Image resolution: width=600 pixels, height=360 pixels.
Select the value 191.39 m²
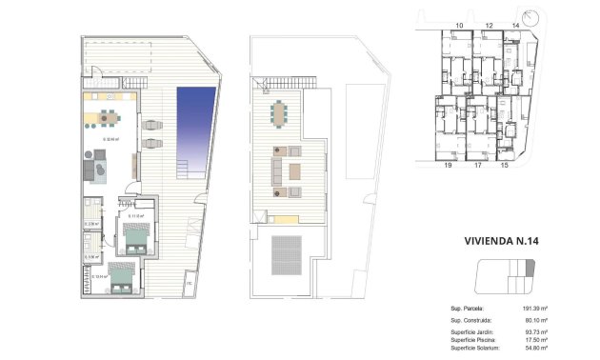560,310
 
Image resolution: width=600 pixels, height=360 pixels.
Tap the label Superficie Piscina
475,341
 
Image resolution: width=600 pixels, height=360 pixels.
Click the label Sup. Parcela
468,310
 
